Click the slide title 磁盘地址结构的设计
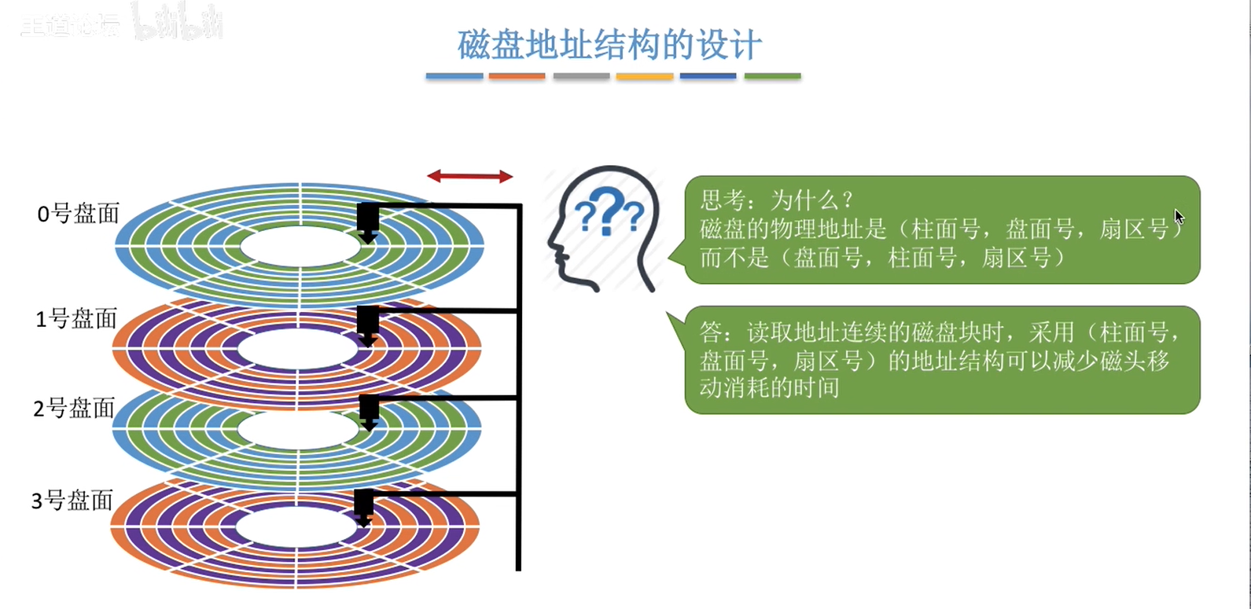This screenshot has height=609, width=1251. click(609, 45)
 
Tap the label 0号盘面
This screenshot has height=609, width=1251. click(78, 214)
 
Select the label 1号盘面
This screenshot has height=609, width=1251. click(76, 319)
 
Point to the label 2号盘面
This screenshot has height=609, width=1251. click(74, 409)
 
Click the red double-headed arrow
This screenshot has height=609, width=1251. click(470, 177)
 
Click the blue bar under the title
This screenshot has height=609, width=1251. click(454, 76)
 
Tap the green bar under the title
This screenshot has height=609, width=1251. click(772, 76)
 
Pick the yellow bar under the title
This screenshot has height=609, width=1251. click(645, 76)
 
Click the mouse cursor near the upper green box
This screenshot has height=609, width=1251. click(1179, 217)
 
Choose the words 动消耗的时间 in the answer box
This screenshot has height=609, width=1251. click(769, 388)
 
